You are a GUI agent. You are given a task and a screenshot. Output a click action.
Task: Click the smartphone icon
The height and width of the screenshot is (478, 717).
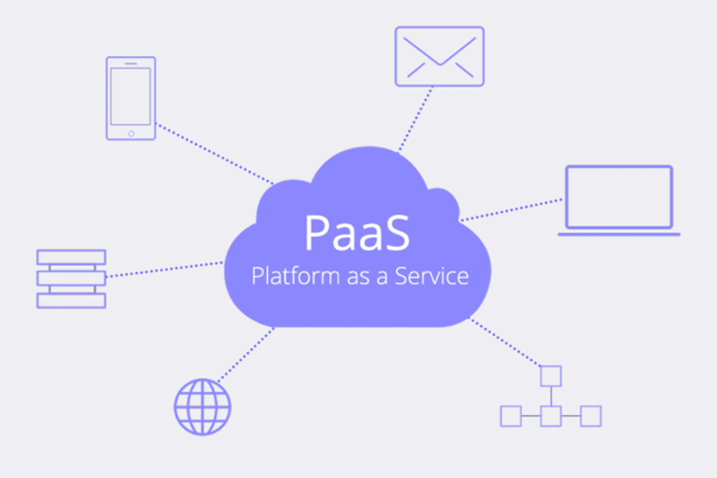pyautogui.click(x=131, y=98)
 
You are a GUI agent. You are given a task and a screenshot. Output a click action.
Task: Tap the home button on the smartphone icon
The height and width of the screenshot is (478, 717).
pyautogui.click(x=131, y=133)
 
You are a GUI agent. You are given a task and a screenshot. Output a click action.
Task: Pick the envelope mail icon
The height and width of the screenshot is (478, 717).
pyautogui.click(x=439, y=56)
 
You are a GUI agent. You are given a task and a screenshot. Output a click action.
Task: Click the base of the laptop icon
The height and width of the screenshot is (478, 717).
pyautogui.click(x=619, y=234)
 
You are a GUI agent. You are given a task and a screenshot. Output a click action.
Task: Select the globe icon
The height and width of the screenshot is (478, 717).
pyautogui.click(x=203, y=407)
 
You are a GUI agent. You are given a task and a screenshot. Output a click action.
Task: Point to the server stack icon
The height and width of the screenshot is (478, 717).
pyautogui.click(x=71, y=278)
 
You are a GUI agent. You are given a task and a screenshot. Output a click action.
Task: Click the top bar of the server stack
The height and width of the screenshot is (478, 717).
pyautogui.click(x=71, y=257)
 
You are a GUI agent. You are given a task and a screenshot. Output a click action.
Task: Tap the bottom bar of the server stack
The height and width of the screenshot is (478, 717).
pyautogui.click(x=71, y=300)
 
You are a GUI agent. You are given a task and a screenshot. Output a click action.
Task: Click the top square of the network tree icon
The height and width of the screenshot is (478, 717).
pyautogui.click(x=550, y=376)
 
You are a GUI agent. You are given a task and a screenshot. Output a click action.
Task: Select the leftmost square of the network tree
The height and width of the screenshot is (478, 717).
pyautogui.click(x=510, y=416)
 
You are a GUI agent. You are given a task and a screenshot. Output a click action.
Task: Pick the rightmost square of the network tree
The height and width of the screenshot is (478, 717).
pyautogui.click(x=590, y=416)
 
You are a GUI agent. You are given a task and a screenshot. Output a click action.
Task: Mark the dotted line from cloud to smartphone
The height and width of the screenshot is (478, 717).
pyautogui.click(x=215, y=154)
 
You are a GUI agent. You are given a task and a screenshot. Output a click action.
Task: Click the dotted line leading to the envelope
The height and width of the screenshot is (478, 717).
pyautogui.click(x=415, y=119)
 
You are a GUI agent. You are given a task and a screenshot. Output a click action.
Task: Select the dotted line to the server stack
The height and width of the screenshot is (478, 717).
pyautogui.click(x=164, y=269)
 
